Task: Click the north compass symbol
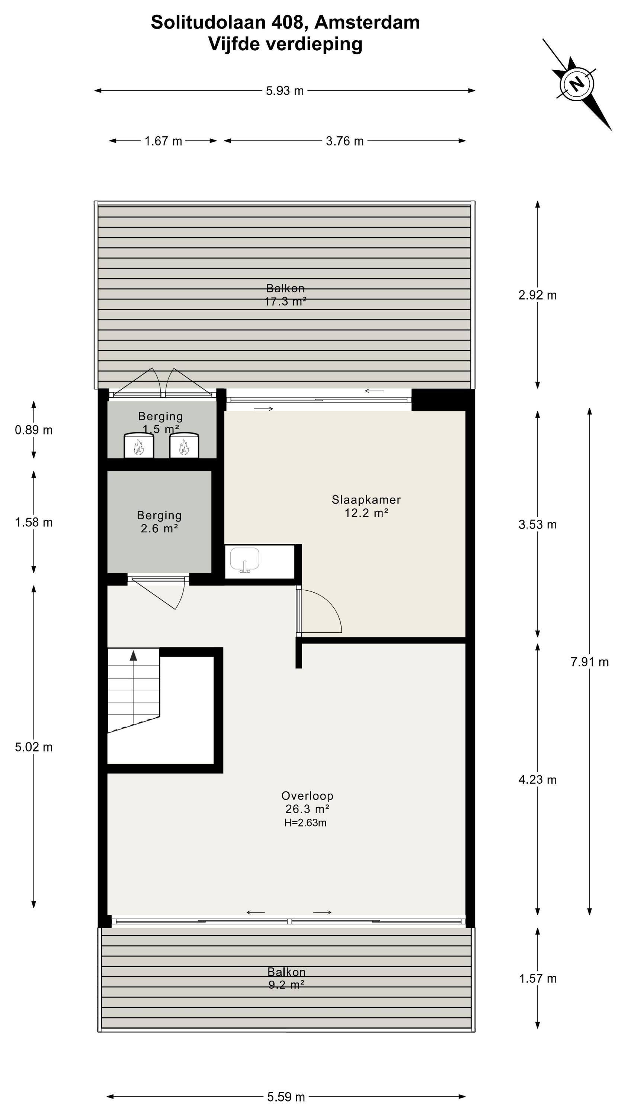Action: (x=577, y=84)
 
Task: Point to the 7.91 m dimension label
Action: (x=589, y=662)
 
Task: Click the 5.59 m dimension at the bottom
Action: (x=286, y=1097)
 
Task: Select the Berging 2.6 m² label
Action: (x=159, y=522)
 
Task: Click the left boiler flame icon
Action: (x=139, y=447)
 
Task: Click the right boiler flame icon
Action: (x=184, y=447)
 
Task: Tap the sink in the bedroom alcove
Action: (x=244, y=560)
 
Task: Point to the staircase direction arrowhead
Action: (x=134, y=655)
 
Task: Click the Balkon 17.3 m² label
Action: (x=285, y=295)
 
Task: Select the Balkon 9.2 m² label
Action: (x=286, y=978)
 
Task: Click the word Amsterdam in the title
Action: (x=367, y=23)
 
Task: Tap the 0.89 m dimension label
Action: (x=34, y=430)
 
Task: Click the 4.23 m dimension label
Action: (x=538, y=780)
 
